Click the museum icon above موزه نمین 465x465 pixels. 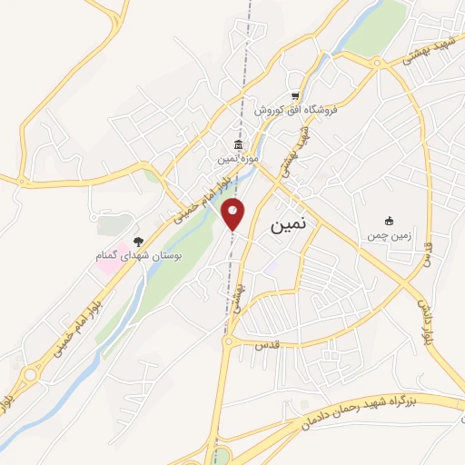[238, 145]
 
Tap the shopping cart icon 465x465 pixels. [296, 95]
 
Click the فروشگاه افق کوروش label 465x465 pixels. [295, 109]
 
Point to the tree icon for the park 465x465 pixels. [138, 242]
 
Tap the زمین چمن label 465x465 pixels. [390, 235]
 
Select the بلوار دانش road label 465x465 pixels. [423, 321]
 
